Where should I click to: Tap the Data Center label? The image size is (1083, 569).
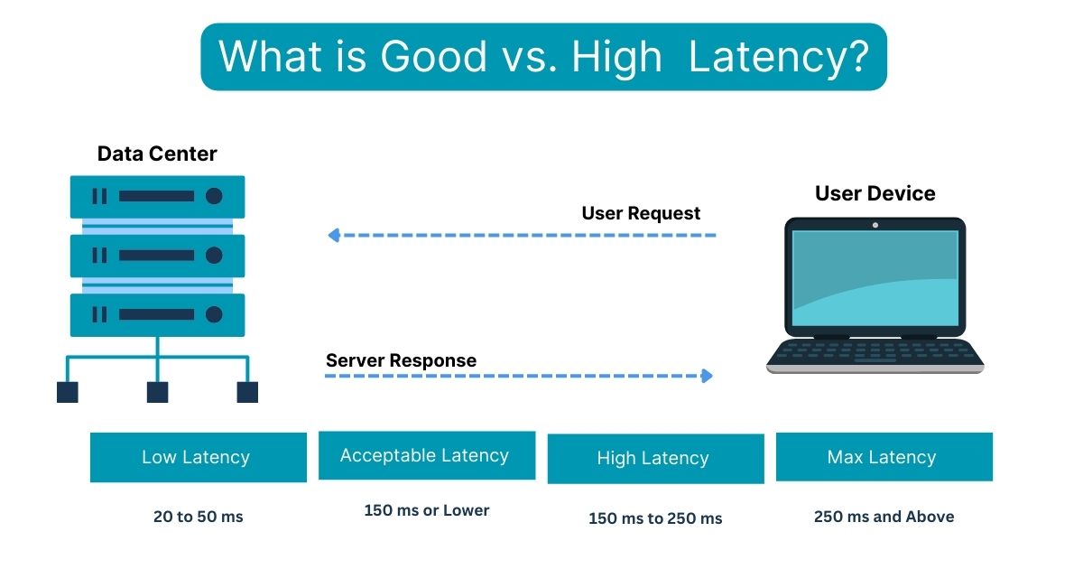(157, 154)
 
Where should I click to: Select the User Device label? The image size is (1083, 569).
(875, 193)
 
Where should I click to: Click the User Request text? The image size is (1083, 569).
(641, 214)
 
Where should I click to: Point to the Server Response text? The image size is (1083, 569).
(401, 360)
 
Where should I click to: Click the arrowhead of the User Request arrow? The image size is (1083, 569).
(333, 236)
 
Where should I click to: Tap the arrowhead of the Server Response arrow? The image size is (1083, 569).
(708, 376)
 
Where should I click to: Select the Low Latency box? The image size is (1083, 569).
(198, 457)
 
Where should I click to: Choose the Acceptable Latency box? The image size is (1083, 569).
(426, 455)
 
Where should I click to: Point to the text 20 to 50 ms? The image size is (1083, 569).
(198, 518)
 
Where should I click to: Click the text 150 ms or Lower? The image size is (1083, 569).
(426, 510)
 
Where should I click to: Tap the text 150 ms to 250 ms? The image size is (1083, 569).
(655, 518)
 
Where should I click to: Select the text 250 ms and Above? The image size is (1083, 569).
(884, 517)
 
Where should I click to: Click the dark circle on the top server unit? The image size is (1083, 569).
(214, 196)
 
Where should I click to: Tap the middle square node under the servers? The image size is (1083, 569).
(157, 392)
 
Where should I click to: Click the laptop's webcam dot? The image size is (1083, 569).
(875, 224)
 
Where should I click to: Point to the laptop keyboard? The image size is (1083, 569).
(875, 351)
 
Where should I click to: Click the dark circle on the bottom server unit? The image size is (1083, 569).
(214, 314)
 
